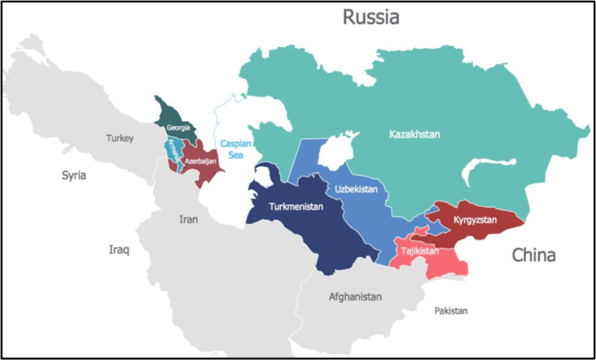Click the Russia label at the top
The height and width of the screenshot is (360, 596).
(x=371, y=17)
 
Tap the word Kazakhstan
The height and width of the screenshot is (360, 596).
(x=414, y=135)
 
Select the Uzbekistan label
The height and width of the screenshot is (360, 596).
(x=356, y=189)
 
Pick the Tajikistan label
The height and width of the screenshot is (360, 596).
(x=419, y=251)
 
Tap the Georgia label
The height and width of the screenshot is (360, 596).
(x=178, y=126)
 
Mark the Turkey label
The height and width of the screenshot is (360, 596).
(x=120, y=139)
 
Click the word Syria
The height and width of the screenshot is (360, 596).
(x=74, y=175)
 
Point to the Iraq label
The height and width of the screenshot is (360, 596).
(x=119, y=250)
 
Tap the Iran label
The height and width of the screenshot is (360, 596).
(x=189, y=220)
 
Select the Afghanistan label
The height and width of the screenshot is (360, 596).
(x=355, y=297)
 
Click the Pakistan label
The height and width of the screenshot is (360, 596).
(x=451, y=310)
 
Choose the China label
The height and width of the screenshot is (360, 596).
(x=533, y=255)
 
